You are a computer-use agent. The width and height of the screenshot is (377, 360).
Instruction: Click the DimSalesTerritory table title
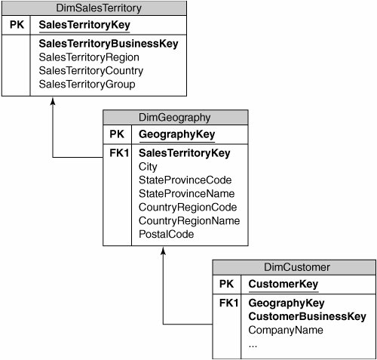click(99, 8)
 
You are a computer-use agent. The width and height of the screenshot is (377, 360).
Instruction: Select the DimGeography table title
click(175, 118)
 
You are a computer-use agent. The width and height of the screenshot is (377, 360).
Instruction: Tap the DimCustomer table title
click(297, 267)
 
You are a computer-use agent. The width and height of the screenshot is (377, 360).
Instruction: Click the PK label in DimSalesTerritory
click(17, 25)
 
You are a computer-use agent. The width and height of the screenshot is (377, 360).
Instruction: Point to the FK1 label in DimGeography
click(119, 153)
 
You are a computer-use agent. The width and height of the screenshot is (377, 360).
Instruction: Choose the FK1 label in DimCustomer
click(228, 303)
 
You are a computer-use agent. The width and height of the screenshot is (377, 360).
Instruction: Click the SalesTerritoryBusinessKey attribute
click(109, 44)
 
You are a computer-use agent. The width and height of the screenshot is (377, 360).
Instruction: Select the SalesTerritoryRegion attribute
click(89, 57)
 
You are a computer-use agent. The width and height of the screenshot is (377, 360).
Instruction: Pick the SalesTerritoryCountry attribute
click(91, 71)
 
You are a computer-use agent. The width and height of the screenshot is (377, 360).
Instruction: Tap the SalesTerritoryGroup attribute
click(87, 85)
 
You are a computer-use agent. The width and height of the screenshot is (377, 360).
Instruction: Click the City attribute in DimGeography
click(148, 167)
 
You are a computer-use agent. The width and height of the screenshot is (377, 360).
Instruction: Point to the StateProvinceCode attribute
click(185, 180)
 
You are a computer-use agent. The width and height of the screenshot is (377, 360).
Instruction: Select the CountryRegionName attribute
click(189, 221)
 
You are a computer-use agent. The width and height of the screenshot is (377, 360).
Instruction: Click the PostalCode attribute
click(166, 234)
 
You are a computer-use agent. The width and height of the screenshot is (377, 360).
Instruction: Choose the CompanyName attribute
click(286, 330)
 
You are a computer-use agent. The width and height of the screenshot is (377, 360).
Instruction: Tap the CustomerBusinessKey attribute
click(307, 317)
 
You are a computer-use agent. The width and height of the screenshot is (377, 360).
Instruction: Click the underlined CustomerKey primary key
click(284, 285)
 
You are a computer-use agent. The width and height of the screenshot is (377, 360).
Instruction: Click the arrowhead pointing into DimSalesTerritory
click(53, 101)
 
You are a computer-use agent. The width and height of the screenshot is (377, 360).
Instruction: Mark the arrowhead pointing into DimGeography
click(163, 251)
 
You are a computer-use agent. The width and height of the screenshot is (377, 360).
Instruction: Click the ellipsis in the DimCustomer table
click(253, 346)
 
